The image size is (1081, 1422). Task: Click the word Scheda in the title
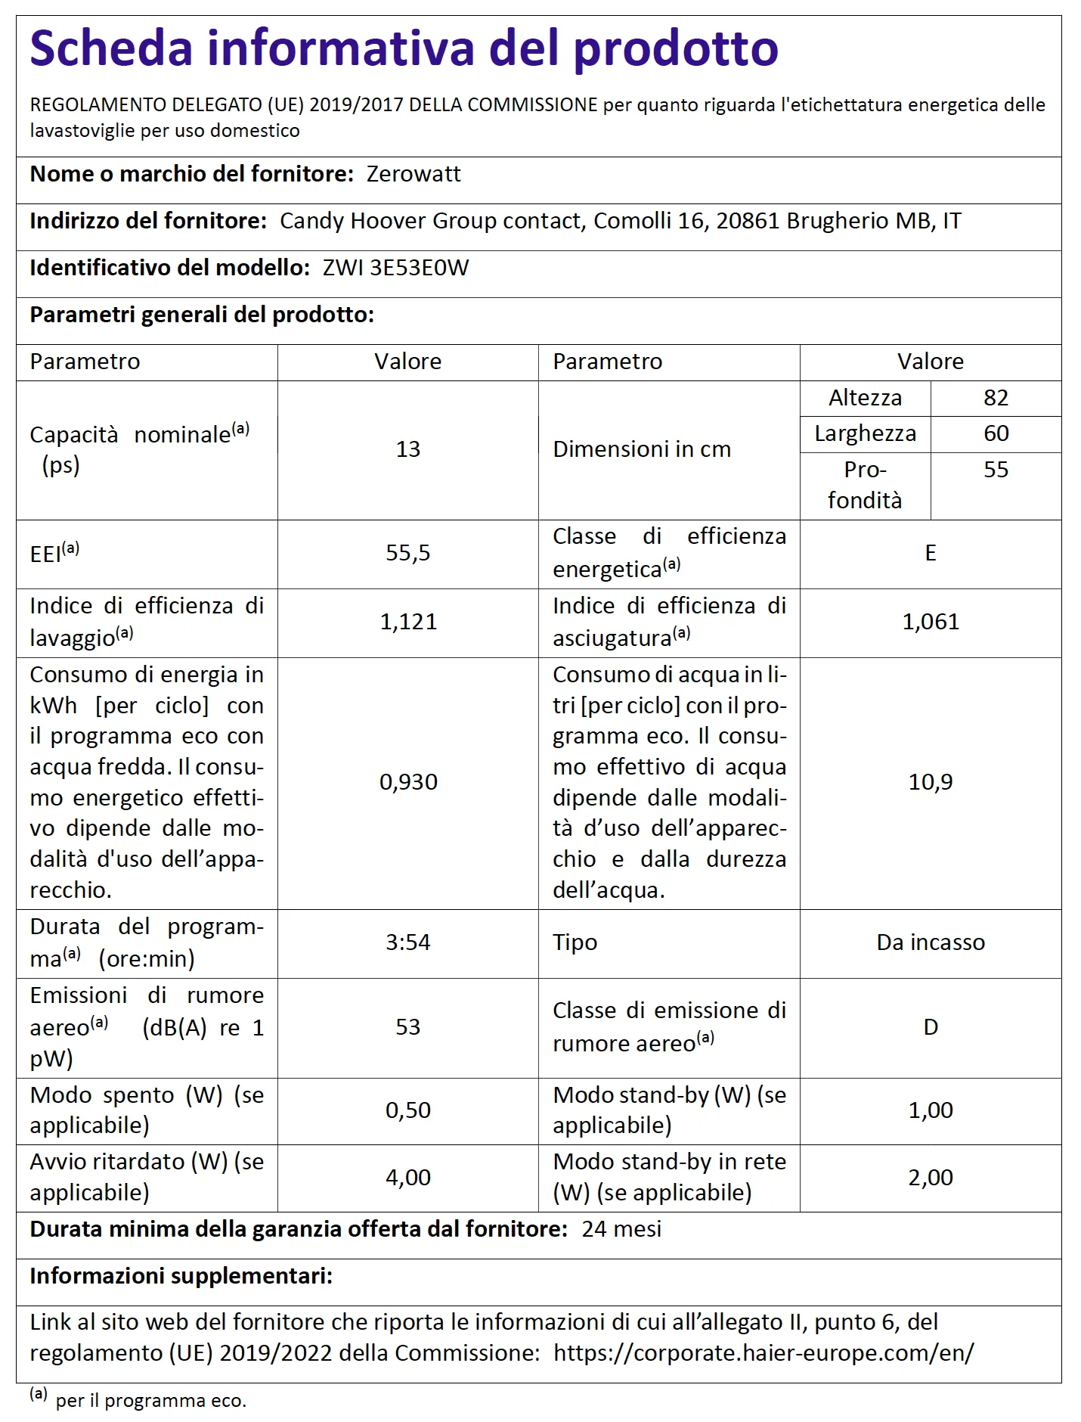[x=111, y=48]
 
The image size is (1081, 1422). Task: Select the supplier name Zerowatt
[x=414, y=175]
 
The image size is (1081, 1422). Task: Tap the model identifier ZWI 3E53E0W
[x=395, y=269]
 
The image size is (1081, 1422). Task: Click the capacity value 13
[x=408, y=449]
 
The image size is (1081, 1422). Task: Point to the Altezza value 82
[x=996, y=398]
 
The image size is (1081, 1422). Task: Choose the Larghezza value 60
[x=996, y=433]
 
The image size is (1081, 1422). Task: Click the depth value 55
[x=996, y=470]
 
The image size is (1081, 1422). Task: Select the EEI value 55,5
[x=408, y=553]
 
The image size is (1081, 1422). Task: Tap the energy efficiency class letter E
[x=931, y=553]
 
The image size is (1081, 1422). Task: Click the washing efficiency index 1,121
[x=408, y=622]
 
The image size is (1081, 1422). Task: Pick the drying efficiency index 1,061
[x=931, y=622]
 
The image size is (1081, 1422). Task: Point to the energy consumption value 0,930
[x=408, y=782]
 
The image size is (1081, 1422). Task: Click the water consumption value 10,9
[x=931, y=782]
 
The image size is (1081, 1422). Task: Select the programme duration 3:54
[x=408, y=942]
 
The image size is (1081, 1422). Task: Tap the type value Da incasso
[x=931, y=942]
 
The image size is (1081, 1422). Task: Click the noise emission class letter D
[x=931, y=1027]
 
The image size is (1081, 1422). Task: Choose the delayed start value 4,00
[x=408, y=1178]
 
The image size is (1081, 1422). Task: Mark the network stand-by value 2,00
[x=931, y=1178]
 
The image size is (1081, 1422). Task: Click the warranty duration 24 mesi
[x=621, y=1229]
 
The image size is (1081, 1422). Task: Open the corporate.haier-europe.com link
[x=764, y=1352]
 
